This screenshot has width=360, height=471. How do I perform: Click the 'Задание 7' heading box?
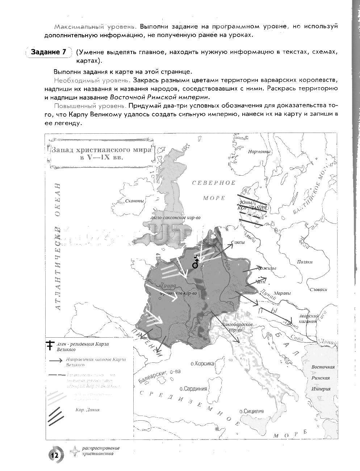coord(49,52)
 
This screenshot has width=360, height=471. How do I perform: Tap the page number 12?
coord(55,455)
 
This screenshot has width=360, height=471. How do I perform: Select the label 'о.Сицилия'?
coord(251,411)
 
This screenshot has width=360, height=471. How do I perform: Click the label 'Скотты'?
coord(134,201)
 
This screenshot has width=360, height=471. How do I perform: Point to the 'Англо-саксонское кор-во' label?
coord(175,218)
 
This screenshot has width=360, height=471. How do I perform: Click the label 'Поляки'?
coord(305,262)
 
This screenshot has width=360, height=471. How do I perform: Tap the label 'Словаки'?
coord(318,289)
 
